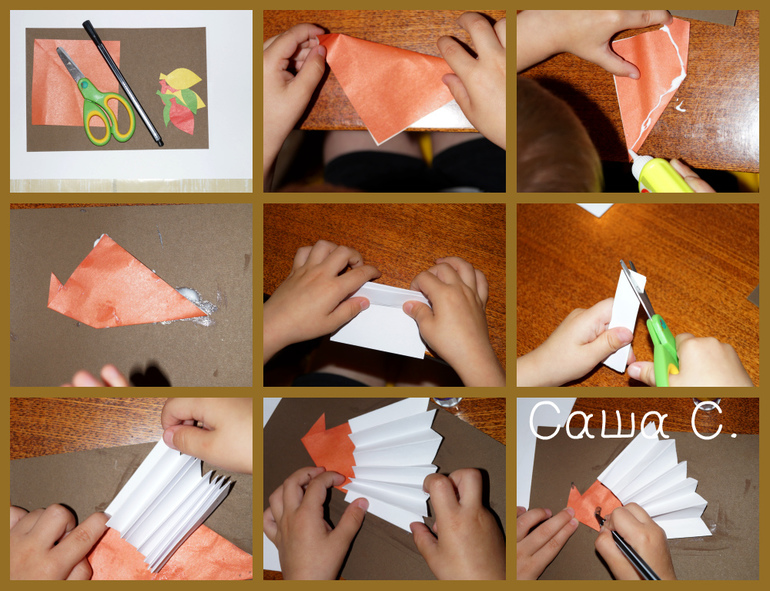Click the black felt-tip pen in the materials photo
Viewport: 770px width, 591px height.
[122, 83]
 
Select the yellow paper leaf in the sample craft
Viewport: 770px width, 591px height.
[181, 77]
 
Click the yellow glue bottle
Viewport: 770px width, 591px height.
[658, 173]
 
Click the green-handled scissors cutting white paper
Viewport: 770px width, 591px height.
[652, 322]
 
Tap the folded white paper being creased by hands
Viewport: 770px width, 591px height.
[382, 320]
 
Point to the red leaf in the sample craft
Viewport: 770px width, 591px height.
[183, 118]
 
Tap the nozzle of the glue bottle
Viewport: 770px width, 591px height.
[633, 158]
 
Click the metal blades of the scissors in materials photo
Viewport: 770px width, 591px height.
[72, 65]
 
